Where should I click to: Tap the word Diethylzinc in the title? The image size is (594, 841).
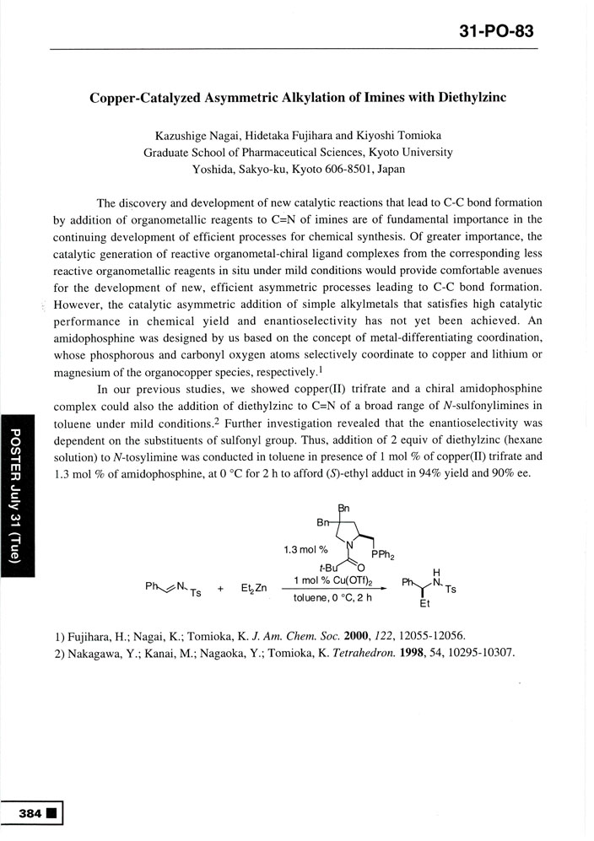470,97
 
